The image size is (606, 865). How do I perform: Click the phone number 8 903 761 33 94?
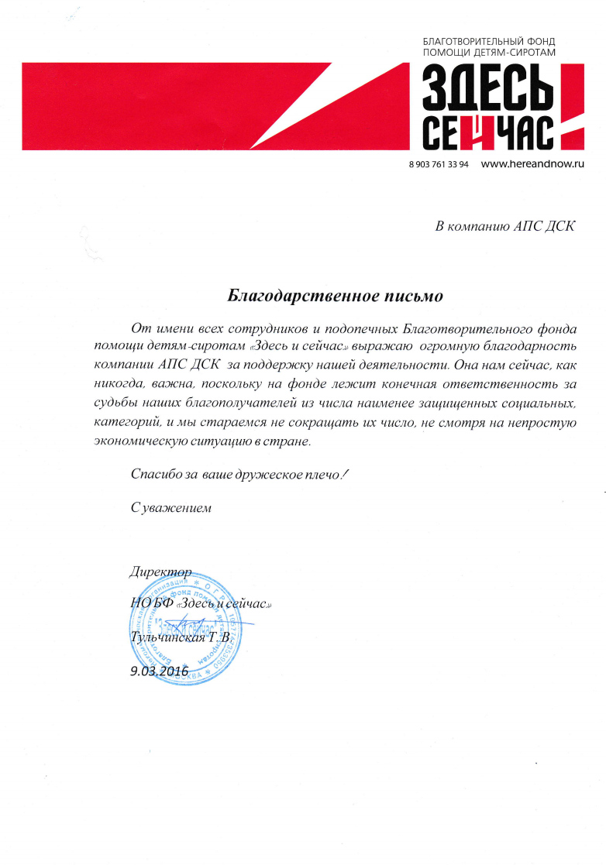tap(438, 165)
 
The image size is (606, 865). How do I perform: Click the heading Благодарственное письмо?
tap(335, 296)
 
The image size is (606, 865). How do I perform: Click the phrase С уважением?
tap(170, 508)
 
